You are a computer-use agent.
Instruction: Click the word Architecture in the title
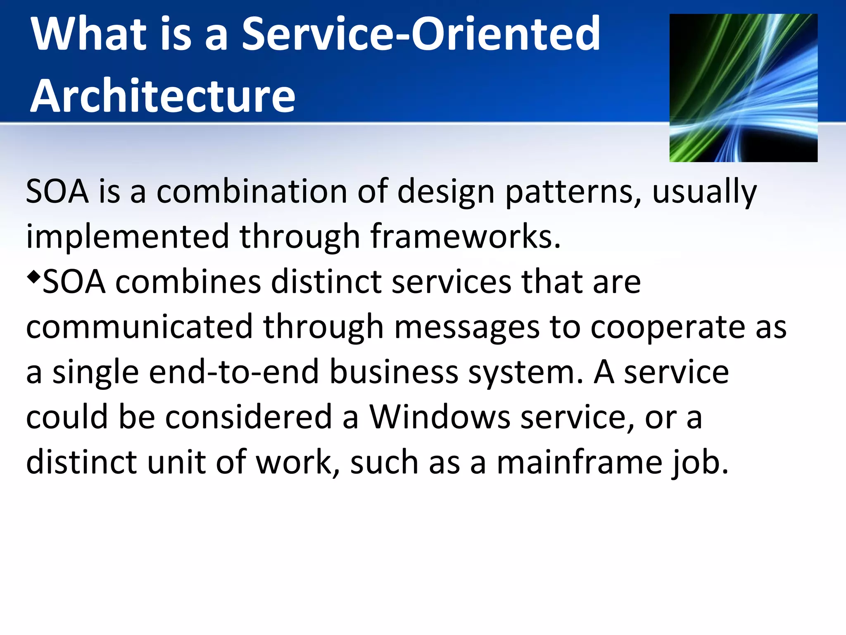click(163, 96)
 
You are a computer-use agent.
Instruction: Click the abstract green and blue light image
click(743, 88)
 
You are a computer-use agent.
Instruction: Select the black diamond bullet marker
click(33, 276)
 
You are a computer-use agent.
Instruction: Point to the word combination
click(252, 192)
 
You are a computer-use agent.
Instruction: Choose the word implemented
click(127, 236)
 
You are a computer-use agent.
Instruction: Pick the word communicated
click(139, 327)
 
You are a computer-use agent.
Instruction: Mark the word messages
click(467, 327)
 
